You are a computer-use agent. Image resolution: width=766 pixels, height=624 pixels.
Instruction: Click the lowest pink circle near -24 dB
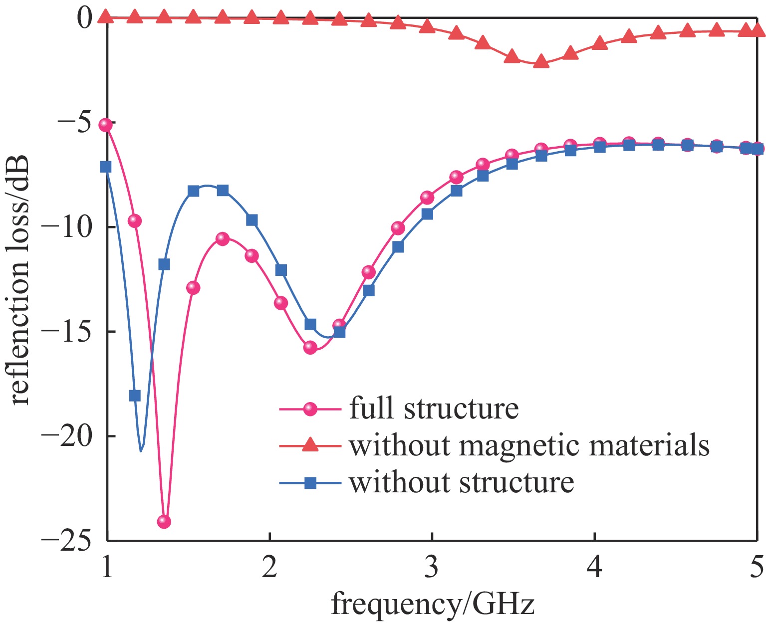tap(164, 522)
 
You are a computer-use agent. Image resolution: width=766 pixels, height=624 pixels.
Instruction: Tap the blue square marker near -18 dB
tap(135, 396)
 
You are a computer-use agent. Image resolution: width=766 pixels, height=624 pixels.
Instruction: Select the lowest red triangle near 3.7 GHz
tap(541, 62)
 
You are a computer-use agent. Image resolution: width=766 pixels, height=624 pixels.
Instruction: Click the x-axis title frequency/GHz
tap(433, 605)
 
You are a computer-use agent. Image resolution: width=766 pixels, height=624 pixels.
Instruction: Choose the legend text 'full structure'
tap(434, 409)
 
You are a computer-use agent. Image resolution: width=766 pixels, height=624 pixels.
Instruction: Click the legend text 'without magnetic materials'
tap(529, 445)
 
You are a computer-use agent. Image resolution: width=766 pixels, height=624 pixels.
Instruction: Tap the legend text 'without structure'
tap(462, 482)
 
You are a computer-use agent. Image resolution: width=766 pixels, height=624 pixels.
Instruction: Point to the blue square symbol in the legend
tap(310, 482)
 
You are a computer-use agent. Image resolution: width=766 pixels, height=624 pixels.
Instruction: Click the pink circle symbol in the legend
tap(310, 409)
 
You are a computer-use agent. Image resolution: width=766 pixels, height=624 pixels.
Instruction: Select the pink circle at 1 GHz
tap(106, 125)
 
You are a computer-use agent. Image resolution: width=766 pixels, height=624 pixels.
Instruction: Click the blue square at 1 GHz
tap(106, 167)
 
